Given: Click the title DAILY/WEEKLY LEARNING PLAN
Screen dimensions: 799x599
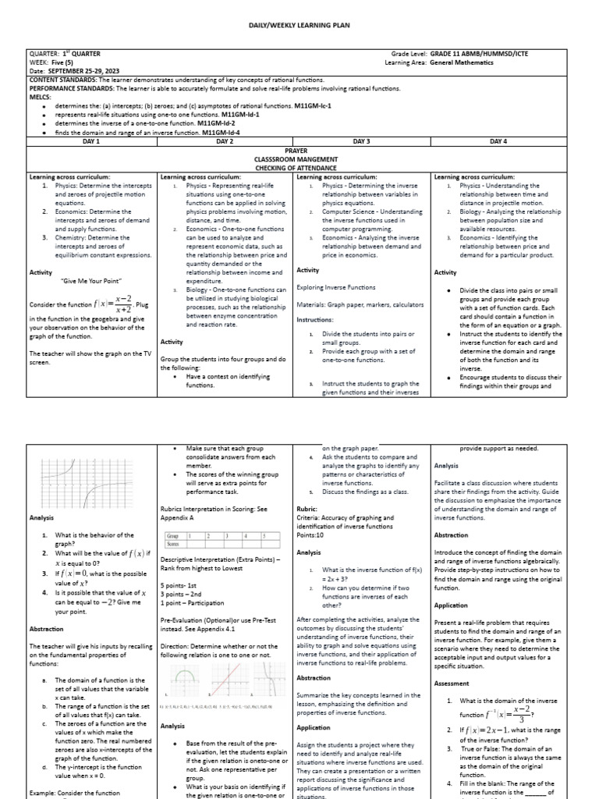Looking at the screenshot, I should (x=299, y=26).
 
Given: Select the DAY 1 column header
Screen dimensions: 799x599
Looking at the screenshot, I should (x=91, y=140).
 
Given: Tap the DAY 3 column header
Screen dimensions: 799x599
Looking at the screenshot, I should (x=362, y=140).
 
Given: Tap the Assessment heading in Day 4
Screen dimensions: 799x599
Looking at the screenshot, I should (x=452, y=683).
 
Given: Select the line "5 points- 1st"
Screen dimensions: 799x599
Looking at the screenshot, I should (x=180, y=584).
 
